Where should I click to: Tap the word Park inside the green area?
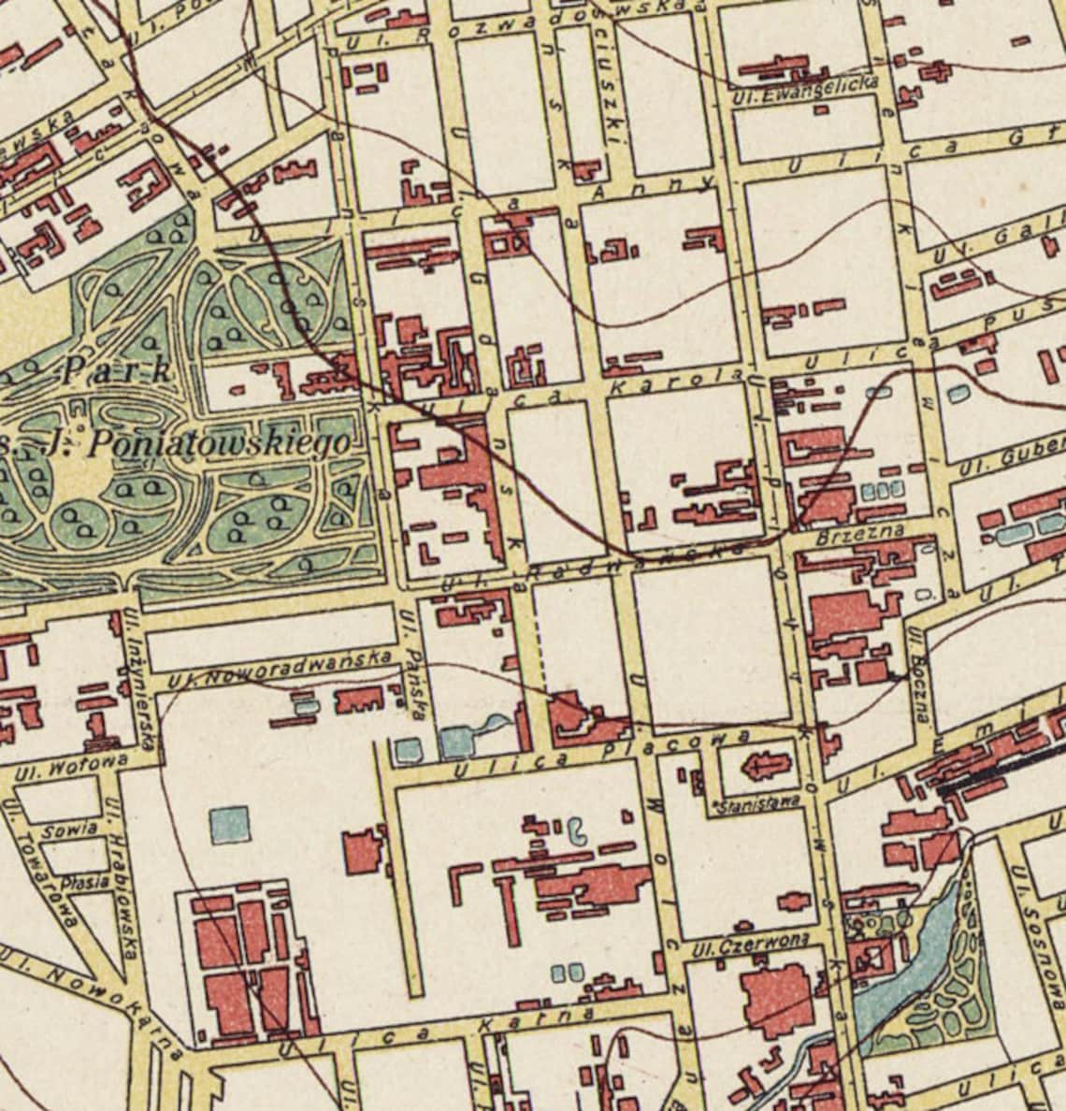(x=116, y=371)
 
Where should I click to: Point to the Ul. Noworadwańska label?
(x=281, y=670)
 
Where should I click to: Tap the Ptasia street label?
(x=79, y=882)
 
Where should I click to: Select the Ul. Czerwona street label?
(x=745, y=946)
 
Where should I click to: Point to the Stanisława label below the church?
(x=756, y=802)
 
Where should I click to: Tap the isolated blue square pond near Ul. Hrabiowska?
(x=229, y=826)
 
